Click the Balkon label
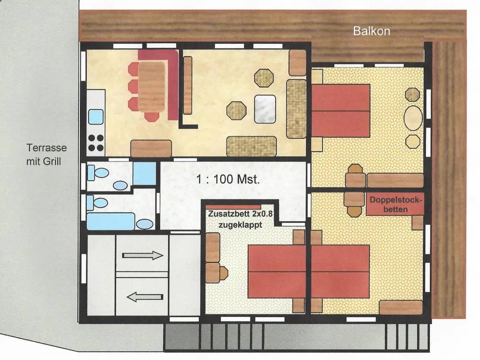371,31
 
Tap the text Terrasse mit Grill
47,154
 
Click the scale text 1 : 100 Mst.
228,179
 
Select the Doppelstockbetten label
395,205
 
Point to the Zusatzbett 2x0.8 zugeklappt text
240,219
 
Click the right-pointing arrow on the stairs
143,255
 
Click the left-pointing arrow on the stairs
145,297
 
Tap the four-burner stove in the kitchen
96,143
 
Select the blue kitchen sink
96,117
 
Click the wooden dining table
151,87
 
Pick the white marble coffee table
265,109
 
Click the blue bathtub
111,221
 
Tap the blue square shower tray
144,173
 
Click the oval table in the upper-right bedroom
413,118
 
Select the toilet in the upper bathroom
98,173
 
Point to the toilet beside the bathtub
97,202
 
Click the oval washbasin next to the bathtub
144,224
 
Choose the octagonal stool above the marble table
264,78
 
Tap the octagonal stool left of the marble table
237,110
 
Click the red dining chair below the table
151,117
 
